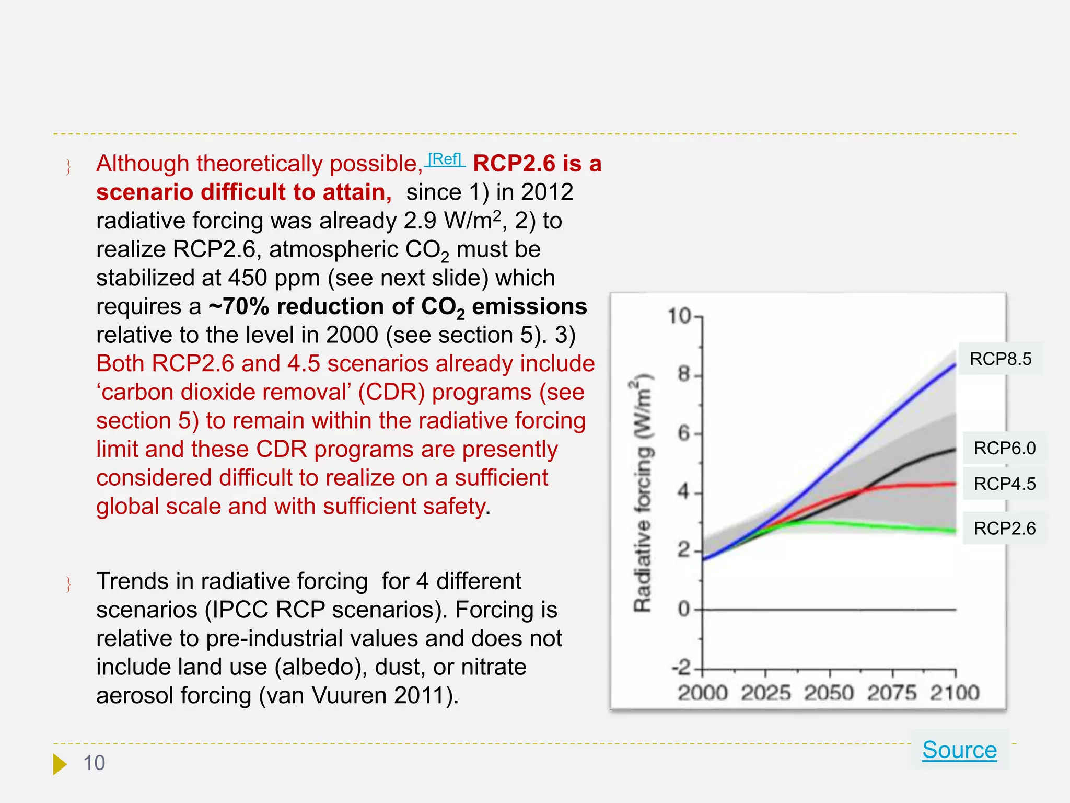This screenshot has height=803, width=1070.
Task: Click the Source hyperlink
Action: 959,750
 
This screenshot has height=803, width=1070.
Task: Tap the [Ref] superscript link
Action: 445,159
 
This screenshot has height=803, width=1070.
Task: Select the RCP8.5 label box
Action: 1001,359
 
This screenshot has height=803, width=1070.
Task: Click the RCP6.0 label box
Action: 1005,448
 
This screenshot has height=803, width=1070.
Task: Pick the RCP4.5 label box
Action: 1005,484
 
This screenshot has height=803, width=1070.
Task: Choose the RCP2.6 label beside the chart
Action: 1005,529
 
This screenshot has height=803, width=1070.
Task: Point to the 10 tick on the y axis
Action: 680,316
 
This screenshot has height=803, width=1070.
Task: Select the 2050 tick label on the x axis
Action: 829,693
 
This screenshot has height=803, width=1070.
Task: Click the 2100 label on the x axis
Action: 955,693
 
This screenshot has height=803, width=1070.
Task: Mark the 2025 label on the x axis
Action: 766,693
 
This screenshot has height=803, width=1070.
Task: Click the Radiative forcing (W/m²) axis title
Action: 643,493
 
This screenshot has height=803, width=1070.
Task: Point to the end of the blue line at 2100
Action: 955,365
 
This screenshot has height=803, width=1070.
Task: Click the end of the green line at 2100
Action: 955,531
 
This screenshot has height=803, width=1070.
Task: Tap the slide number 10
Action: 94,763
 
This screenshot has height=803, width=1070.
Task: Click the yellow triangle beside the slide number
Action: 60,764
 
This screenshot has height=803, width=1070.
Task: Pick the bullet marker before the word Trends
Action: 68,584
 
